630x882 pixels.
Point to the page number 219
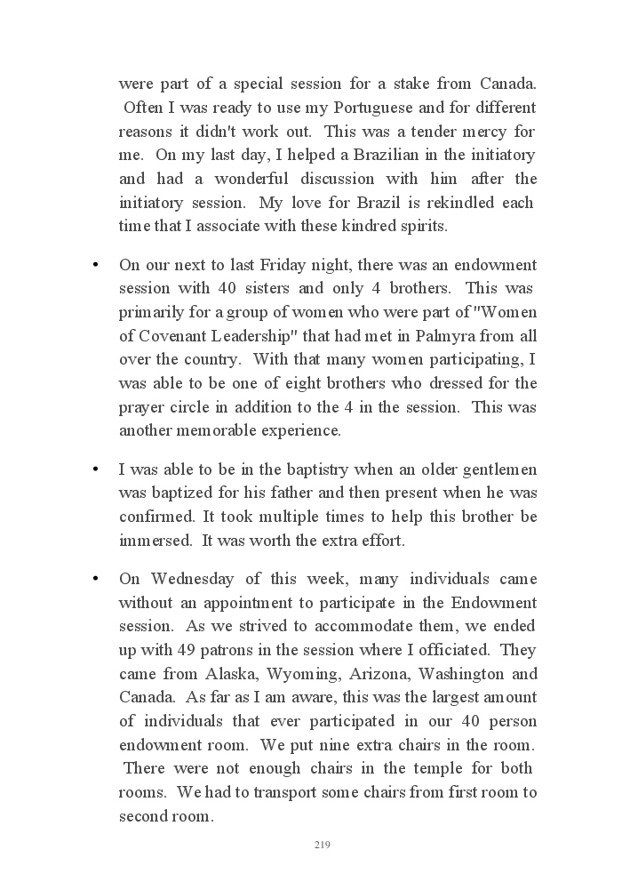pos(322,845)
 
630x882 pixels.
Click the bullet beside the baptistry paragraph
pos(93,469)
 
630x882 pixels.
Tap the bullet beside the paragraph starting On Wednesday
pos(93,579)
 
